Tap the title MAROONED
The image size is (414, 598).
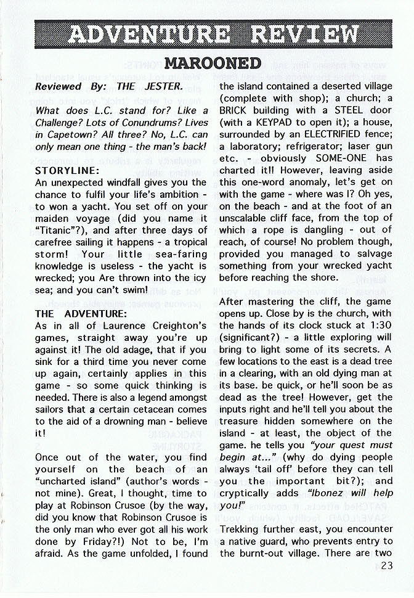(213, 63)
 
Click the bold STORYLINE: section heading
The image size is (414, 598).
(64, 170)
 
